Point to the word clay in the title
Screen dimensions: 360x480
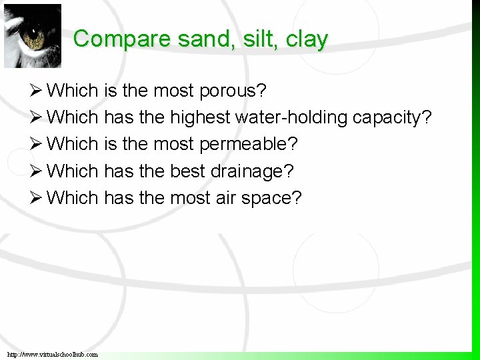click(x=306, y=40)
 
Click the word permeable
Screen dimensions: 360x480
click(x=249, y=145)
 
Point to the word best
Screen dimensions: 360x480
click(x=188, y=171)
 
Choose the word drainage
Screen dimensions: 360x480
click(x=252, y=172)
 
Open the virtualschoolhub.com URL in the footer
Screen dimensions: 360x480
click(x=53, y=354)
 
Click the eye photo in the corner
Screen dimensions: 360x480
click(x=33, y=35)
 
